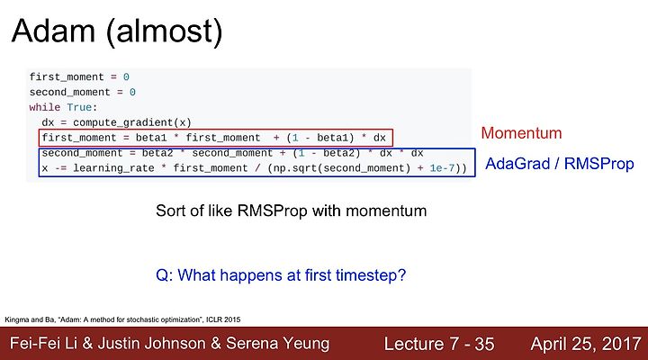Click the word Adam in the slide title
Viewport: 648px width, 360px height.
tap(53, 31)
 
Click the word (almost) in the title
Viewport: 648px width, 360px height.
tap(165, 32)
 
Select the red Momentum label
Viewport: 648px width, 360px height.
tap(521, 133)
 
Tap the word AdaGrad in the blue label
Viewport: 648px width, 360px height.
tap(517, 164)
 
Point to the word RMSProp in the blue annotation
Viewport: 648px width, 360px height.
tap(598, 164)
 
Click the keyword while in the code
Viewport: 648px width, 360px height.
tap(45, 107)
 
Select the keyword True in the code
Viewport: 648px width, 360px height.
tap(79, 107)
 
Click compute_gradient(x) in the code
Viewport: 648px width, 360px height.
tap(132, 122)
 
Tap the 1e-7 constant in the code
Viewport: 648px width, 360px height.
tap(442, 168)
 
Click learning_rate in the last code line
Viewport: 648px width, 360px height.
tap(113, 168)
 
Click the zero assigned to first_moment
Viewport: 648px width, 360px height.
tap(126, 77)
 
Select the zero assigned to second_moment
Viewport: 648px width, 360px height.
tap(132, 92)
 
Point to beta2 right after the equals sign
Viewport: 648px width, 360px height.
tap(157, 153)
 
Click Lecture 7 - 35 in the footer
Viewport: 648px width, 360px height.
tap(439, 344)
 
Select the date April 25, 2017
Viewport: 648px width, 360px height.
tap(586, 344)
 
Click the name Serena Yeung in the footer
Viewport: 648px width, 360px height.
tap(278, 344)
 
